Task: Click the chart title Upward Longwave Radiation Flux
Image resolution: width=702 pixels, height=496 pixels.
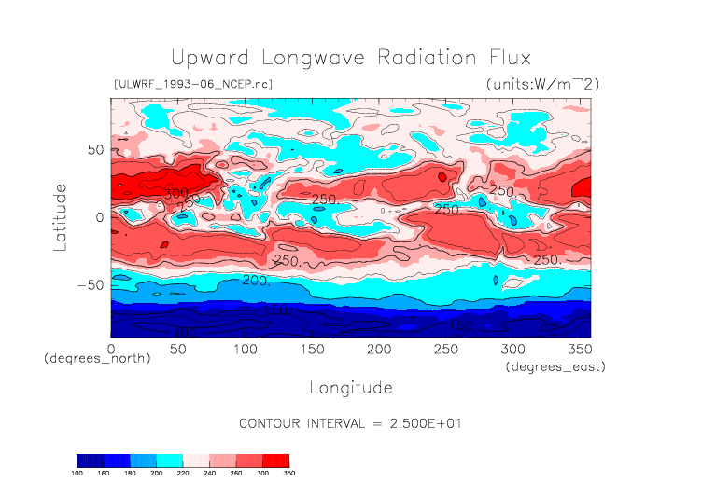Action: [350, 58]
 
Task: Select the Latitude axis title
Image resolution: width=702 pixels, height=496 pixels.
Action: [61, 216]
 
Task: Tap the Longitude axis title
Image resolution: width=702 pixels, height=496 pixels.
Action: [350, 387]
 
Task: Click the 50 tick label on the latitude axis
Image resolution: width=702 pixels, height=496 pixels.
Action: [94, 149]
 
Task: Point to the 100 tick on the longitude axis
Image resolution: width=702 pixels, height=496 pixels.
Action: [245, 348]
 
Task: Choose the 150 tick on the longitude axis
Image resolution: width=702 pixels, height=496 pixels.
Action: [312, 348]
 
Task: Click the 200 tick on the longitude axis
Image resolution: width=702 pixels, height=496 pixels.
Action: [378, 348]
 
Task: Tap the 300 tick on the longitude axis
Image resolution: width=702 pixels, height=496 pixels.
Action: [512, 348]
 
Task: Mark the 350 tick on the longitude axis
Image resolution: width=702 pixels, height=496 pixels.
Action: [579, 348]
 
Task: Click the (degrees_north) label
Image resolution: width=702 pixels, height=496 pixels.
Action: [97, 358]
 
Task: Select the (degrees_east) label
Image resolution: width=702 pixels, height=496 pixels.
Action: [556, 367]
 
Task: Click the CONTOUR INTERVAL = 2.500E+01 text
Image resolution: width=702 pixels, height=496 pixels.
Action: [351, 423]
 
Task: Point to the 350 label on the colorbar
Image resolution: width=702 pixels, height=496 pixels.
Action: [289, 474]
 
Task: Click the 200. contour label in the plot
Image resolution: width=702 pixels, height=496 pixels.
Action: [256, 280]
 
